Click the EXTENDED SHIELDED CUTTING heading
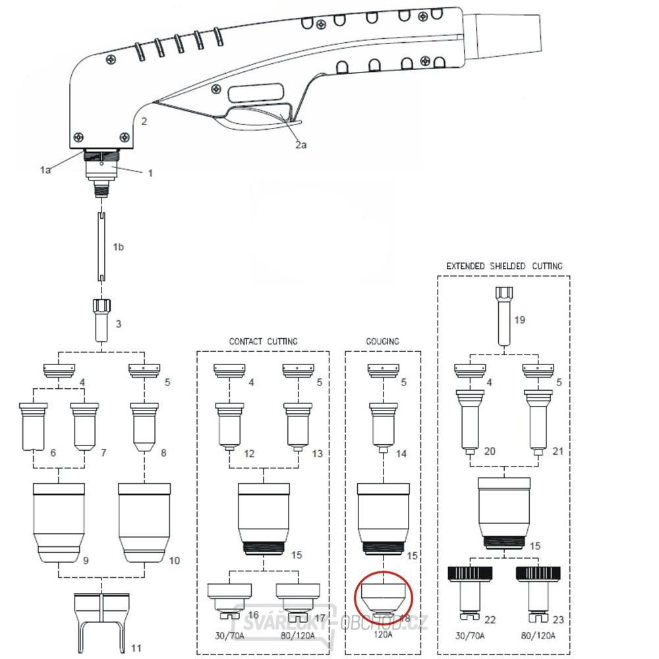pyautogui.click(x=504, y=266)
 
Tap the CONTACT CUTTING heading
pyautogui.click(x=263, y=341)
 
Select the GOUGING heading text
pyautogui.click(x=383, y=341)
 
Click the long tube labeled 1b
pyautogui.click(x=102, y=247)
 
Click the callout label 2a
pyautogui.click(x=301, y=145)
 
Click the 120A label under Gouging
pyautogui.click(x=383, y=635)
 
